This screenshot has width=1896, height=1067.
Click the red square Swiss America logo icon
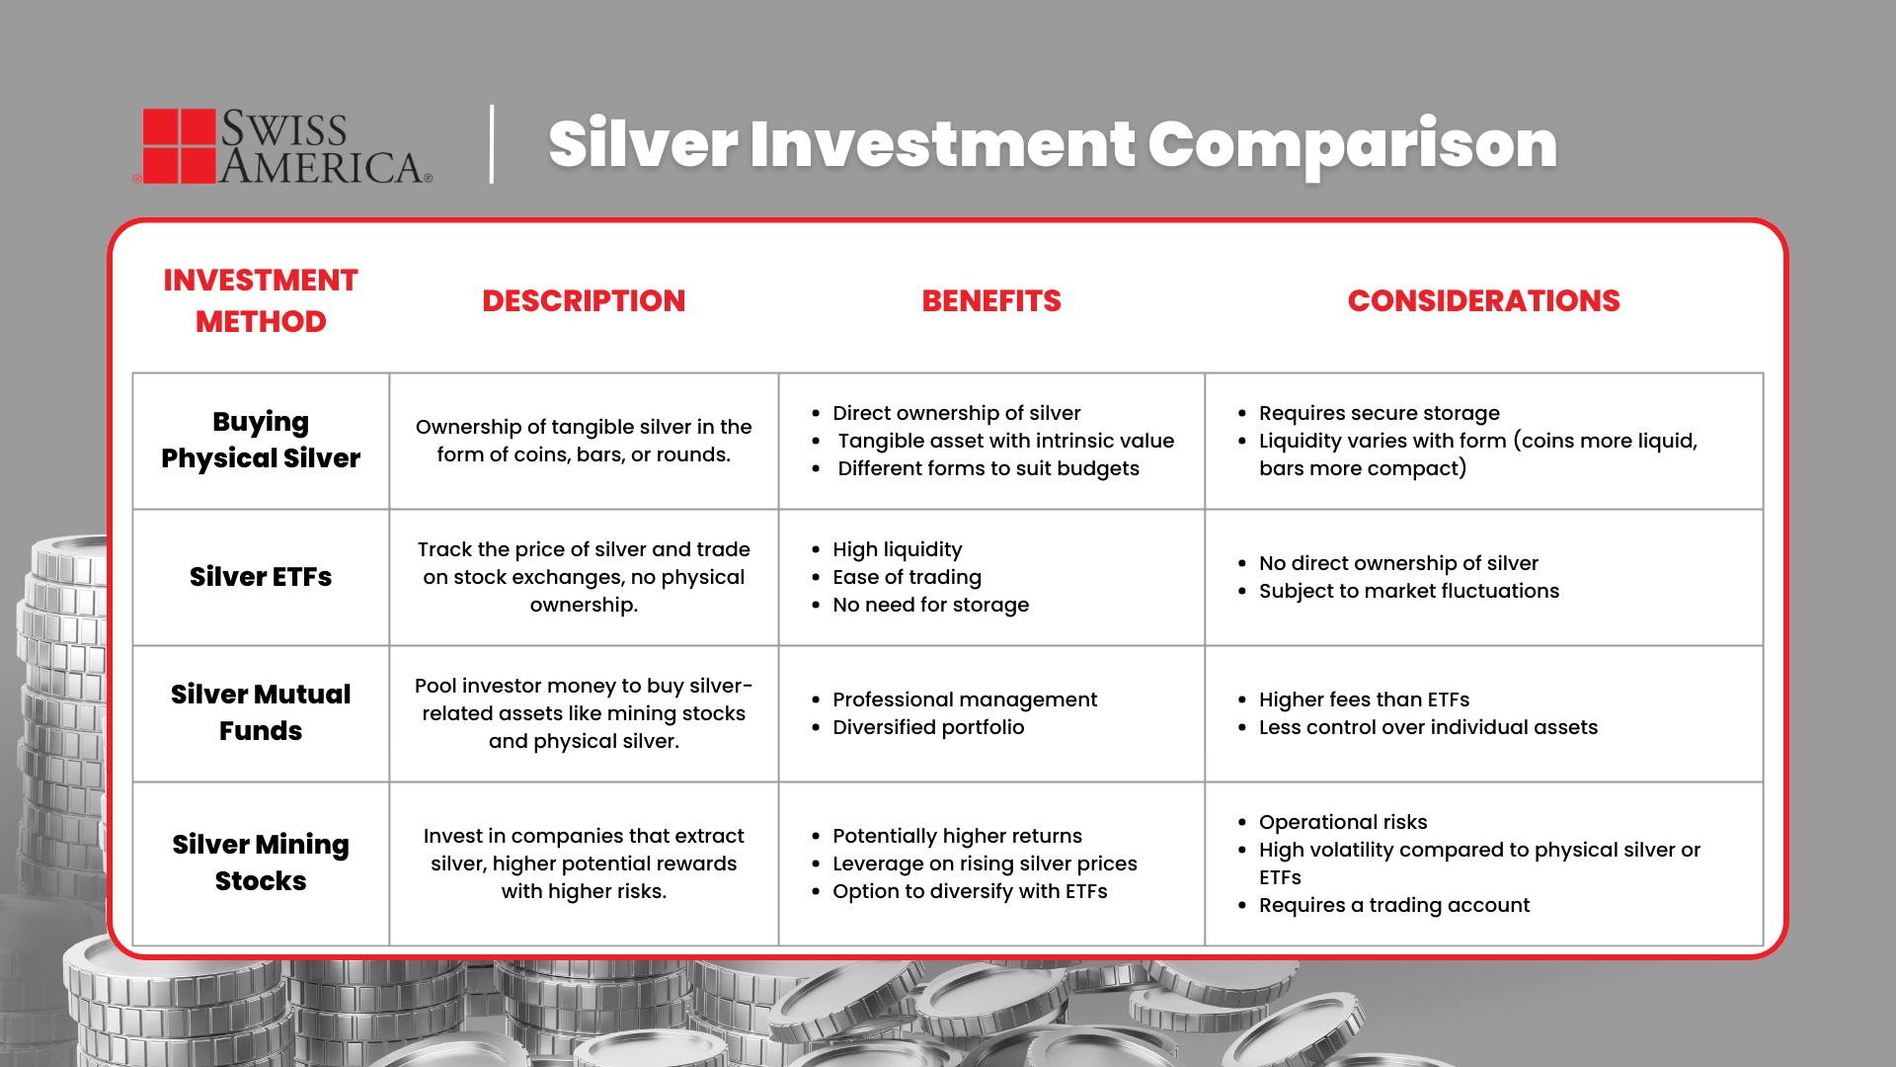coord(179,145)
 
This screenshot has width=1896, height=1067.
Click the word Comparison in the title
coord(1352,144)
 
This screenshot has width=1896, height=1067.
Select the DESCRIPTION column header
coord(584,300)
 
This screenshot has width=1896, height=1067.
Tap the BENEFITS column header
coord(991,300)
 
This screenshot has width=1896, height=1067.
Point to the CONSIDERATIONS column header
coord(1483,300)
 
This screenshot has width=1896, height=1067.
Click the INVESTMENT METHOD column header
coord(261,300)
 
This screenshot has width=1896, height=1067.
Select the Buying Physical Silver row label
coord(261,440)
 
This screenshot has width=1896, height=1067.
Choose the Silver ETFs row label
coord(261,577)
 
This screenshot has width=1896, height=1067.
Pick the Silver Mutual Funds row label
coord(261,712)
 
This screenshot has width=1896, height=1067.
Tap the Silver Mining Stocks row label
coord(261,862)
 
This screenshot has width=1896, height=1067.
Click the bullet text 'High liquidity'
coord(897,549)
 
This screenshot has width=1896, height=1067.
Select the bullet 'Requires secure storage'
coord(1379,413)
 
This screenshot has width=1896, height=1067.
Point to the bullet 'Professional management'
coord(964,699)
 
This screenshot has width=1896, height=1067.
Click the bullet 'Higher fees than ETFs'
coord(1364,699)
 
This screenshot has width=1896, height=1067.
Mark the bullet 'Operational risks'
coord(1343,822)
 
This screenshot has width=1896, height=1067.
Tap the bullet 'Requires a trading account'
coord(1393,905)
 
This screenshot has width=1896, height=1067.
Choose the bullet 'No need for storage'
coord(930,605)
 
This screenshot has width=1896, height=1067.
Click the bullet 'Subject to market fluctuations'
coord(1408,591)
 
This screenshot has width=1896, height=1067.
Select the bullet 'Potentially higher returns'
coord(957,836)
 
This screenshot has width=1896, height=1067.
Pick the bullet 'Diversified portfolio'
coord(928,727)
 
